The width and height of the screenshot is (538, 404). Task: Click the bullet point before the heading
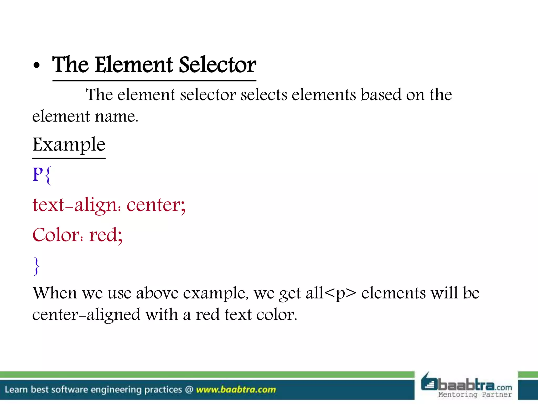37,66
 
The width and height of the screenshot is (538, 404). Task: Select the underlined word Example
69,145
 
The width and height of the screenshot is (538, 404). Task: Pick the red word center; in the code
156,205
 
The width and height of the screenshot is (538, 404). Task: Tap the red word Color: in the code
58,235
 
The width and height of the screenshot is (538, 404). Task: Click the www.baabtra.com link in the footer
236,389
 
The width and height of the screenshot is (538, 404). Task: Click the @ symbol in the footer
189,389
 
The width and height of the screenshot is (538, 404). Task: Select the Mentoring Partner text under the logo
475,395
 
